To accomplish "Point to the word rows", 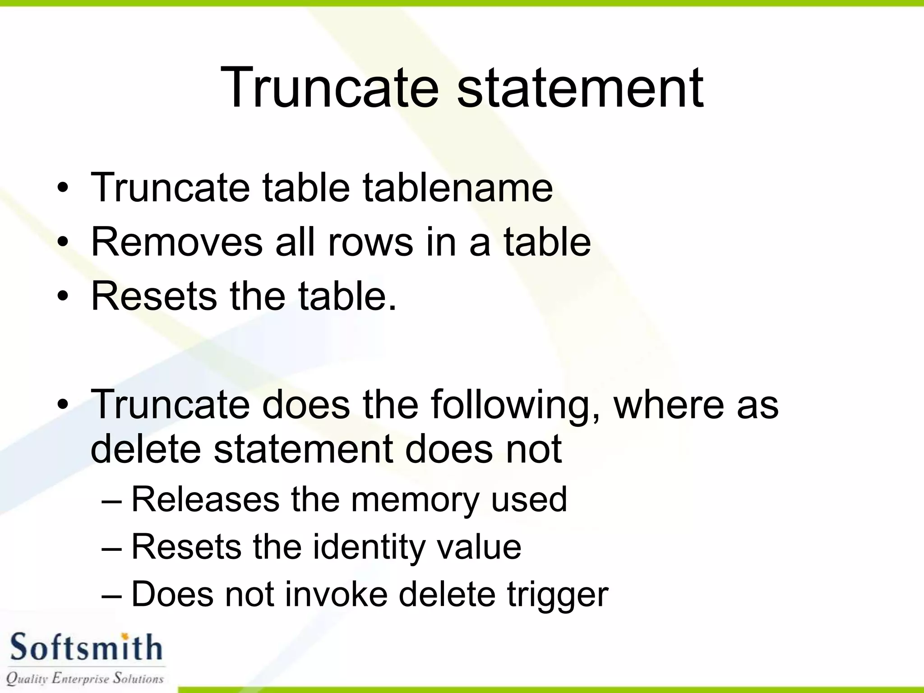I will click(x=370, y=242).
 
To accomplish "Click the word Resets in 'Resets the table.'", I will click(x=154, y=296).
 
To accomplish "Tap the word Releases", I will click(x=205, y=499).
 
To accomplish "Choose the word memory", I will click(x=415, y=500).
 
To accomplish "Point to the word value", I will click(x=479, y=547).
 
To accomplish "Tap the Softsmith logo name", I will click(x=86, y=648).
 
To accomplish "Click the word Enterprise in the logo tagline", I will click(x=81, y=678).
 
